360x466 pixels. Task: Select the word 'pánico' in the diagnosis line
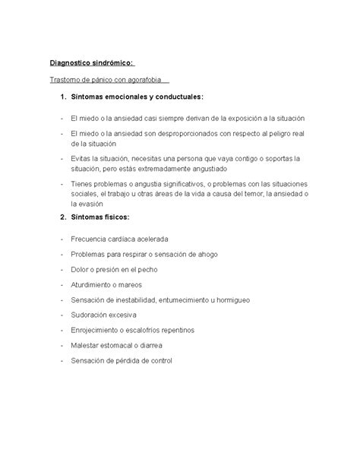pyautogui.click(x=100, y=80)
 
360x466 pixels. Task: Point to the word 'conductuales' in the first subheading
pyautogui.click(x=176, y=97)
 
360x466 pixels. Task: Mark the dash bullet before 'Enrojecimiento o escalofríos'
pyautogui.click(x=60, y=331)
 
